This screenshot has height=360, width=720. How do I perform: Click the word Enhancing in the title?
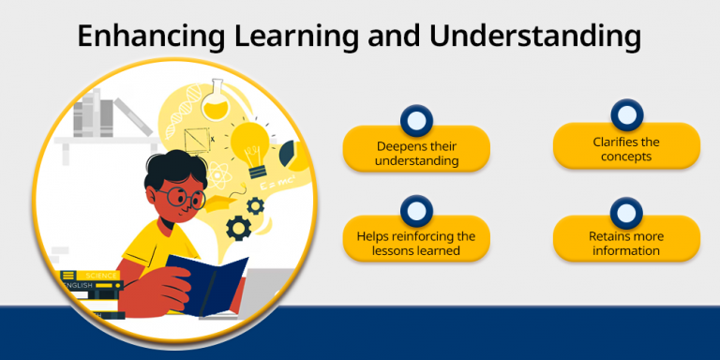pos(147,37)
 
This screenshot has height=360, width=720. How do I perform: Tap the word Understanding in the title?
pos(535,37)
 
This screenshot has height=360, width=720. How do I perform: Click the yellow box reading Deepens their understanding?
pos(416,153)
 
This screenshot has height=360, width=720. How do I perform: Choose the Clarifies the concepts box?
pos(626,149)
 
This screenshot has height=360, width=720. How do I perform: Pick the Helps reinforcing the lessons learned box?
pos(416,243)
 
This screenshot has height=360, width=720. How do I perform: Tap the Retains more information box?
pos(626,243)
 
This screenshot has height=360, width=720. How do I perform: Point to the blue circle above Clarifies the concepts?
pos(625,116)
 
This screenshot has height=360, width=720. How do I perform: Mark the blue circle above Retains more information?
pos(625,211)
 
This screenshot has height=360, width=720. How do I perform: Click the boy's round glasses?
pos(179,198)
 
